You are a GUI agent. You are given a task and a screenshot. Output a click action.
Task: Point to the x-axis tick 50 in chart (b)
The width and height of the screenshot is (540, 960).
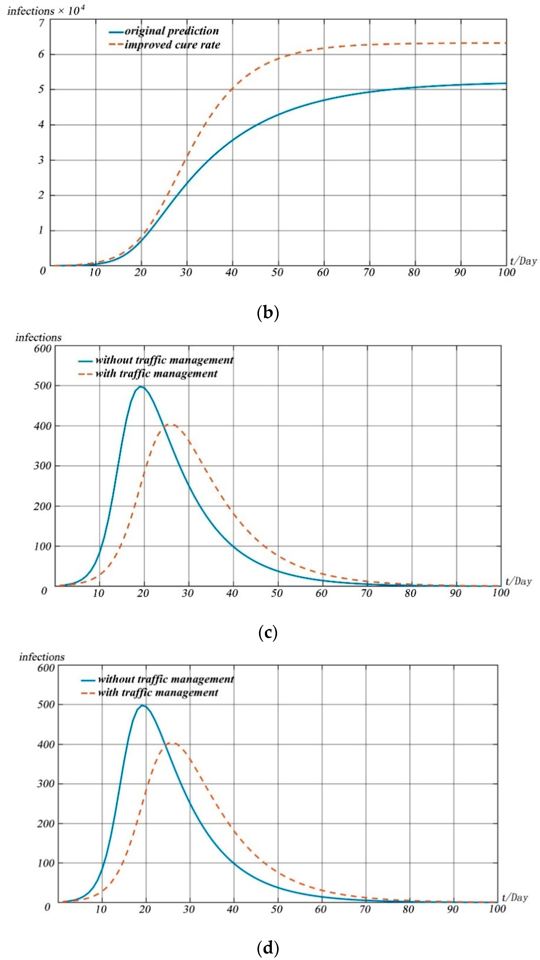click(277, 272)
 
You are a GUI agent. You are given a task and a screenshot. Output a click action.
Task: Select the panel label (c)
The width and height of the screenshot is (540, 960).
click(268, 633)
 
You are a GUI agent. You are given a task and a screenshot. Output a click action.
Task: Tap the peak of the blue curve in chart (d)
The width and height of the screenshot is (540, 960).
click(142, 705)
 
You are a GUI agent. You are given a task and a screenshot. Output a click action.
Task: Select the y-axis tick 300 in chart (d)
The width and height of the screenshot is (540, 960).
click(46, 784)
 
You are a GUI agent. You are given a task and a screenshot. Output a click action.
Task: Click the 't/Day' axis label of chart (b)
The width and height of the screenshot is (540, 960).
click(523, 261)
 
